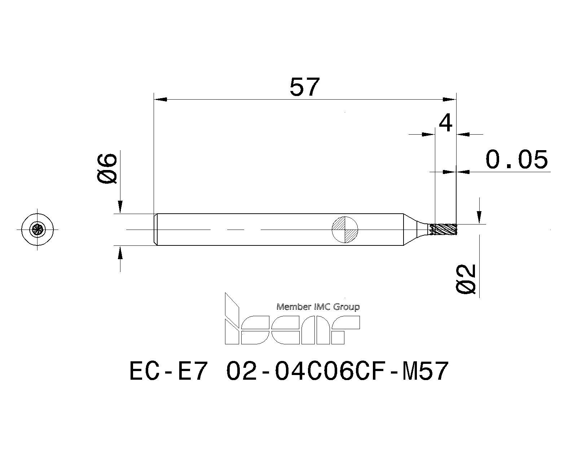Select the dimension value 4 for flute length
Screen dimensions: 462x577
[446, 123]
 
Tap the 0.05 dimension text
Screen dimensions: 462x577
[516, 160]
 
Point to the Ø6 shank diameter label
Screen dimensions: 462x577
[107, 168]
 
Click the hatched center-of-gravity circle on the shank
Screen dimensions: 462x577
[345, 229]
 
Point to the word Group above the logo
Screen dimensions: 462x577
[346, 307]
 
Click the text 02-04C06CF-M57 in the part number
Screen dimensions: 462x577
[337, 371]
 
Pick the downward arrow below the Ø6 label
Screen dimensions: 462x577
[120, 207]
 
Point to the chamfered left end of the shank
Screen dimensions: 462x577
[155, 230]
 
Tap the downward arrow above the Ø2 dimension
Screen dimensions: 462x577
[479, 217]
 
